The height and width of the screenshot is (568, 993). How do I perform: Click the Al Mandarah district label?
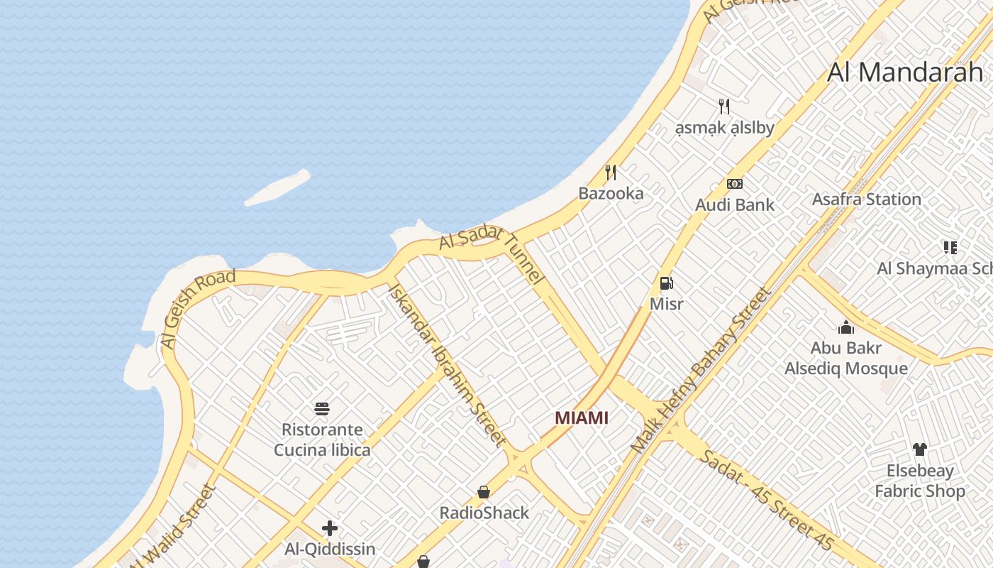[906, 72]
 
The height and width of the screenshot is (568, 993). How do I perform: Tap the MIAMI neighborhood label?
[582, 417]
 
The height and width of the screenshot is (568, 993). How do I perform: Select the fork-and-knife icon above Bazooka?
[611, 172]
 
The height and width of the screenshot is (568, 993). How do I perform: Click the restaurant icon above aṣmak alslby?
[724, 106]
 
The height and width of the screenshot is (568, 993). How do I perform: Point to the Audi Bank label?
[735, 205]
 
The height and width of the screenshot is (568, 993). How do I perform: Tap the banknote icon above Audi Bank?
[735, 184]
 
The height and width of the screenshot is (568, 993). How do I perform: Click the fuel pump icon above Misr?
[666, 284]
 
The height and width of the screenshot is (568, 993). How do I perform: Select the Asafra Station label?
[866, 200]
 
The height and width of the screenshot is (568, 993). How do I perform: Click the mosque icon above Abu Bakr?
[846, 327]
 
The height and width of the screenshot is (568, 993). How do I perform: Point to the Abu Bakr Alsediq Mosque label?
[846, 359]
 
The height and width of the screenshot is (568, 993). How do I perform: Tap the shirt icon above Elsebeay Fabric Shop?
[920, 449]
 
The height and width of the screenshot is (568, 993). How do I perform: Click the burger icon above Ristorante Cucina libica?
[322, 409]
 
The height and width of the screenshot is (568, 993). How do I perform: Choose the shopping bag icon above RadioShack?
[484, 492]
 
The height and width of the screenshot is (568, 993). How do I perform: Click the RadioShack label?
[484, 513]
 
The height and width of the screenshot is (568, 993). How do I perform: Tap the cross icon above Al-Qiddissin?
[330, 528]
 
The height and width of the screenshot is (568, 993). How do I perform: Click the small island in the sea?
[277, 187]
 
